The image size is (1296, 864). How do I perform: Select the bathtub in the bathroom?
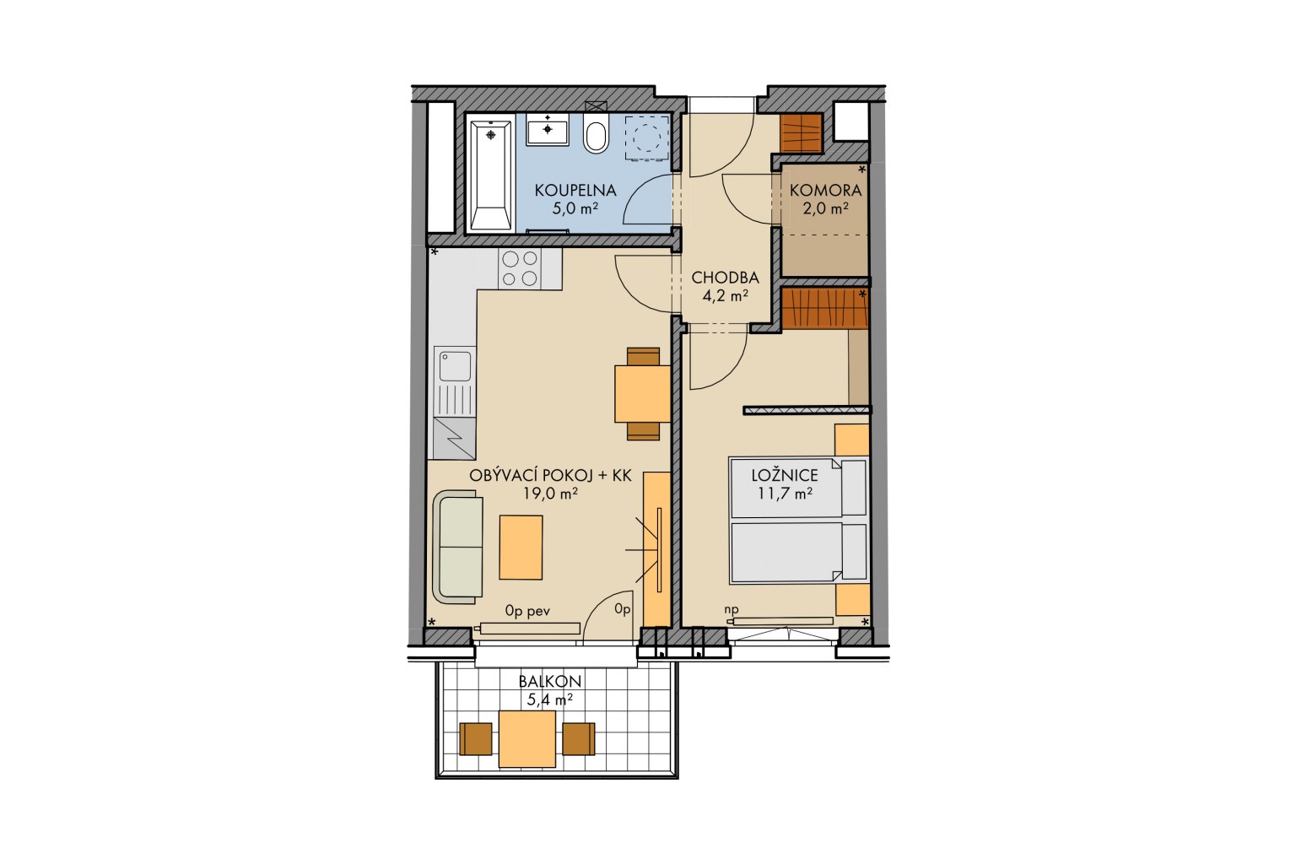click(490, 175)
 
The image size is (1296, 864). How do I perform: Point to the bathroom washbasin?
click(548, 129)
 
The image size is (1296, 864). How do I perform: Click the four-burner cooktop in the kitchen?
click(520, 269)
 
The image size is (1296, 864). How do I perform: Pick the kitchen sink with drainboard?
click(455, 381)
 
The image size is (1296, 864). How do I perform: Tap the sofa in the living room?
click(457, 547)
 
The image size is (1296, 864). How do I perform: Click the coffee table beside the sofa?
click(521, 548)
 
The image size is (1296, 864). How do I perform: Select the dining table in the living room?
click(643, 393)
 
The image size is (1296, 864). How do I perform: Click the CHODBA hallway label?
click(725, 278)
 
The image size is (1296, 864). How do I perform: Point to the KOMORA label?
click(825, 190)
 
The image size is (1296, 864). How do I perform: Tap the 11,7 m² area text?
click(785, 494)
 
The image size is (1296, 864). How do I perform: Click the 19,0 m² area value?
click(550, 494)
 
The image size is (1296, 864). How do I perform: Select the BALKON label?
click(549, 682)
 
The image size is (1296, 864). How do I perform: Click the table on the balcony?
click(527, 739)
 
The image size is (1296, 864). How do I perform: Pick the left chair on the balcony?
click(476, 739)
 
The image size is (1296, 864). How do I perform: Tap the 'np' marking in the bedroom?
click(732, 609)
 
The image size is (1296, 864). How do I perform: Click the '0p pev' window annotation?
click(527, 611)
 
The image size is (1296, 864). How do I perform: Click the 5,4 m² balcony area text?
click(549, 700)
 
